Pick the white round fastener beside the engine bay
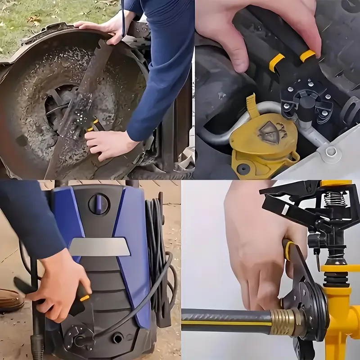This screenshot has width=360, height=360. point(331,151)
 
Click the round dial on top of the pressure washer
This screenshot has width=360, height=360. point(99,204)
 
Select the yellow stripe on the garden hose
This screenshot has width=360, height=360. point(225,323)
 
